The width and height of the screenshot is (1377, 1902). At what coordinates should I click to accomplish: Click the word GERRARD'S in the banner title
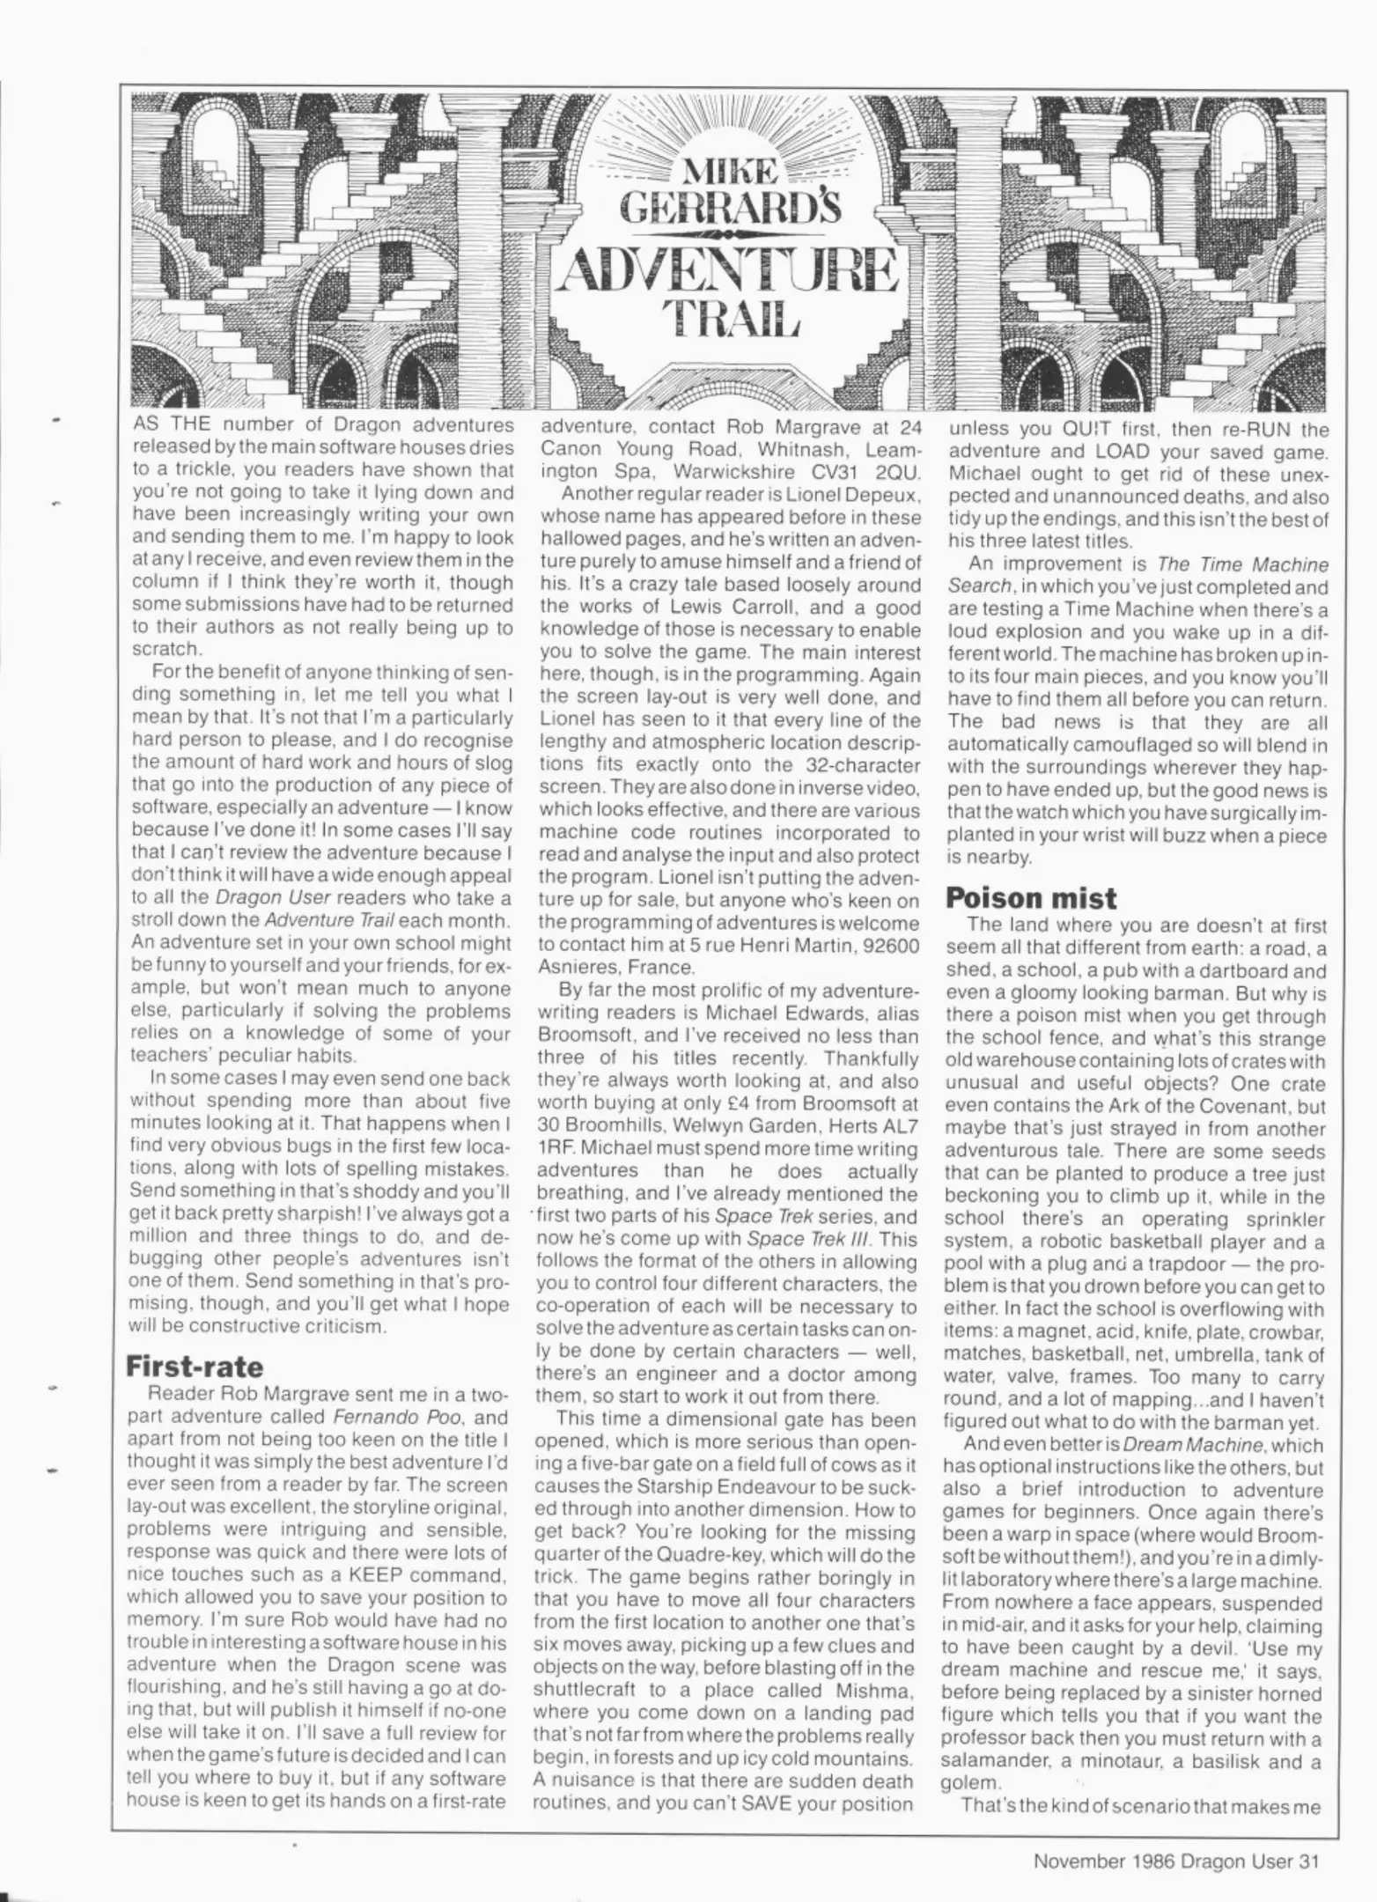(730, 208)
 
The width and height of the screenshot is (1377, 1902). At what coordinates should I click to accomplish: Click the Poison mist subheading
(1031, 897)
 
